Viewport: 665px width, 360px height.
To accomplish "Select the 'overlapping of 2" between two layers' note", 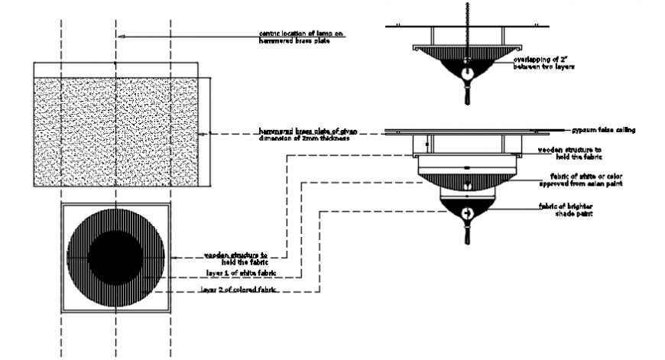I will [543, 63].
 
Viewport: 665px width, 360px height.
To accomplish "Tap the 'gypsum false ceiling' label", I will [603, 131].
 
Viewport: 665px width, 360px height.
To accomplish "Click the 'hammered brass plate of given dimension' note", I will [305, 135].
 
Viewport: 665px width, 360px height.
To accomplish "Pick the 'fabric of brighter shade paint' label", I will [566, 209].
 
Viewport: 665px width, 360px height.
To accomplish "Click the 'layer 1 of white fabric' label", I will [241, 273].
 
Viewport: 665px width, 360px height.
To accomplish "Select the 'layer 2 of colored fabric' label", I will [237, 290].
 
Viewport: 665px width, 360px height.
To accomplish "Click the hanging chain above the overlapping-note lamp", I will [465, 15].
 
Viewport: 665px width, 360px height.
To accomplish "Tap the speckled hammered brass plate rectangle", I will [118, 131].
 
